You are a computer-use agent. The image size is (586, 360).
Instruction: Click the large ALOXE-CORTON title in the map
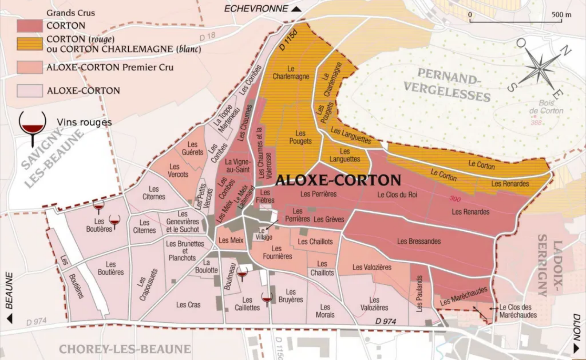click(338, 180)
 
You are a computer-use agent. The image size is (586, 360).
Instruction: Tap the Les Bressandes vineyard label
click(419, 241)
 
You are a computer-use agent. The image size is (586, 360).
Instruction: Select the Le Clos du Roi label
click(397, 194)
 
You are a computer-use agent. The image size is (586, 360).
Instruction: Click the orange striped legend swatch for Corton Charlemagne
click(30, 44)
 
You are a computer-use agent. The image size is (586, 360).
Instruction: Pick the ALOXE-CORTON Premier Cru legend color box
click(30, 67)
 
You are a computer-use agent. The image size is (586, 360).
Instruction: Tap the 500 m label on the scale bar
click(561, 14)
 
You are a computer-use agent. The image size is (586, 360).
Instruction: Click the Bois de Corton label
click(546, 107)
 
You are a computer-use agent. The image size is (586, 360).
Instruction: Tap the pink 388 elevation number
click(536, 123)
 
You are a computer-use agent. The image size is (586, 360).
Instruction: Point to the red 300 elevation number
click(455, 199)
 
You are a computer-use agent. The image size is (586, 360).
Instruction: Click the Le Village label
click(263, 234)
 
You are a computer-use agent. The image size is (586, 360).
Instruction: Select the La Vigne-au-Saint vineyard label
click(238, 166)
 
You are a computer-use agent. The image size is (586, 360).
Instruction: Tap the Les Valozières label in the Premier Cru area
click(372, 267)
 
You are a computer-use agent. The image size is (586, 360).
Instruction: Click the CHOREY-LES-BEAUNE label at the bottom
click(125, 349)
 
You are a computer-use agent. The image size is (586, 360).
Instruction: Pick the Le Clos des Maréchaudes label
click(517, 311)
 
